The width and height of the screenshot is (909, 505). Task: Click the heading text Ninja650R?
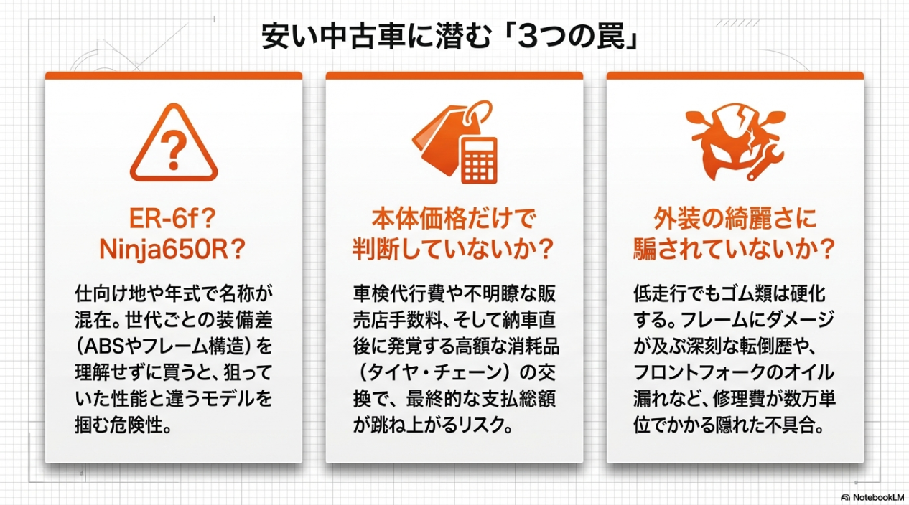[x=172, y=250]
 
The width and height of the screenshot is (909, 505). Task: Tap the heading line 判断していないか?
[x=454, y=250]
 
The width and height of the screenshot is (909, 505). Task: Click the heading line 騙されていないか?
[x=735, y=250]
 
